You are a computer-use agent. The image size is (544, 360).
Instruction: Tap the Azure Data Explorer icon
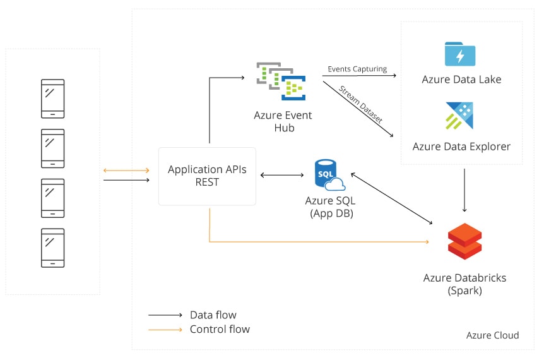[459, 116]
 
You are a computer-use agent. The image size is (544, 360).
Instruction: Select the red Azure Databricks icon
[464, 241]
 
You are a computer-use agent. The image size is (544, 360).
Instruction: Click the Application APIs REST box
[207, 176]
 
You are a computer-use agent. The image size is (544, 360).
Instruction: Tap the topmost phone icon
[52, 98]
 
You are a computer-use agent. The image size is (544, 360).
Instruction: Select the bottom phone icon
[52, 248]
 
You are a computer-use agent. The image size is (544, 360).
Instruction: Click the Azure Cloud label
[492, 335]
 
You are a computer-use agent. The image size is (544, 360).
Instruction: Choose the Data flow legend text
[213, 315]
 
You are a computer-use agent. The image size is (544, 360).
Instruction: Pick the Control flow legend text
[219, 329]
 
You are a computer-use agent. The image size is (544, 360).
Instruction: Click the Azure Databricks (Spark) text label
[464, 284]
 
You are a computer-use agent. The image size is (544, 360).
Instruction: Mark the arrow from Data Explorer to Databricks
[464, 189]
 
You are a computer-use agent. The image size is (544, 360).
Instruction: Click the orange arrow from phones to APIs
[126, 170]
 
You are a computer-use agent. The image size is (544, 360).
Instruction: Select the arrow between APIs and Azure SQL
[283, 175]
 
